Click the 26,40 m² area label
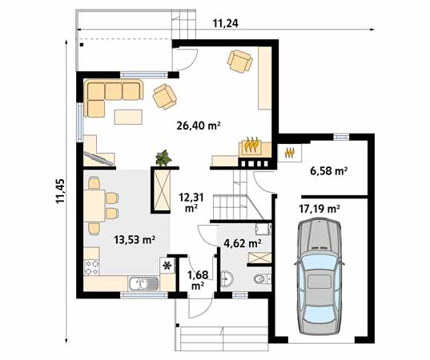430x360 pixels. click(198, 125)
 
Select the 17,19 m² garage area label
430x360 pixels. click(319, 208)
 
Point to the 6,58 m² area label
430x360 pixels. click(328, 170)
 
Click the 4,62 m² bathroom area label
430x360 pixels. click(242, 242)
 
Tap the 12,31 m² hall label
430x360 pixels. click(191, 202)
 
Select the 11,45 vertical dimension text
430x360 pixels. click(60, 190)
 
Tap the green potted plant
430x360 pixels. click(165, 158)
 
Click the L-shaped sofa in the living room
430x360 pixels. click(108, 97)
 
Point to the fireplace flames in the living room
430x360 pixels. click(251, 146)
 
